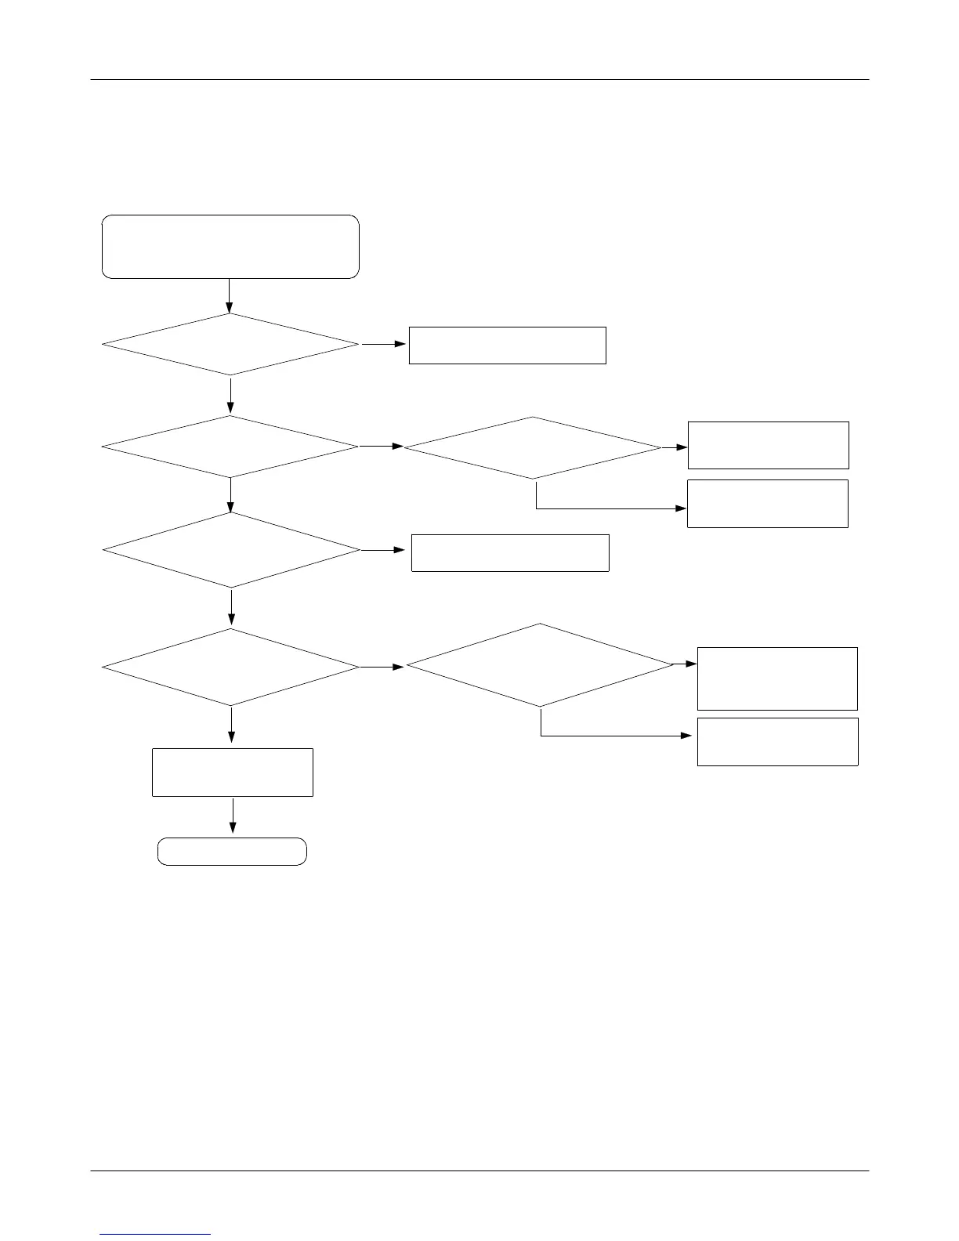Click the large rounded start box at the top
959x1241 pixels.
pyautogui.click(x=230, y=246)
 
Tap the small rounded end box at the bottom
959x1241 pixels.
pyautogui.click(x=232, y=851)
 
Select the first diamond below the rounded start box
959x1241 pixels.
pyautogui.click(x=230, y=345)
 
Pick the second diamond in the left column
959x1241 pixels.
pyautogui.click(x=230, y=447)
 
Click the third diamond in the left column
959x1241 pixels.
pyautogui.click(x=231, y=550)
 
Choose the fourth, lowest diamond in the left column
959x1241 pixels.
pyautogui.click(x=231, y=668)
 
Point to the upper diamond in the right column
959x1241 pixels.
pyautogui.click(x=533, y=447)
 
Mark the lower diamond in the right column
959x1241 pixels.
pyautogui.click(x=540, y=665)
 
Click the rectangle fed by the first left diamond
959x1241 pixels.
pyautogui.click(x=507, y=346)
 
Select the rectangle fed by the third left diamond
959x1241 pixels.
pyautogui.click(x=510, y=552)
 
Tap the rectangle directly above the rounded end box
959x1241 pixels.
pyautogui.click(x=233, y=772)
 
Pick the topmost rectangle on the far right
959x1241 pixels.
pyautogui.click(x=768, y=445)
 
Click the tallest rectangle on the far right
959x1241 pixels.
pyautogui.click(x=777, y=678)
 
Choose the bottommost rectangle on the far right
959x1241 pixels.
pyautogui.click(x=777, y=741)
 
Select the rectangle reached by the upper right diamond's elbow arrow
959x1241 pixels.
pyautogui.click(x=767, y=504)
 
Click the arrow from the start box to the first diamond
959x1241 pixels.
pyautogui.click(x=230, y=296)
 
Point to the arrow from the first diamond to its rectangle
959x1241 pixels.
pyautogui.click(x=384, y=344)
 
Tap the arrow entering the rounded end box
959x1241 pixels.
pyautogui.click(x=233, y=817)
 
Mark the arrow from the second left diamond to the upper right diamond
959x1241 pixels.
pyautogui.click(x=382, y=447)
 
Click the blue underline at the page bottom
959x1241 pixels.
pyautogui.click(x=156, y=1234)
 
